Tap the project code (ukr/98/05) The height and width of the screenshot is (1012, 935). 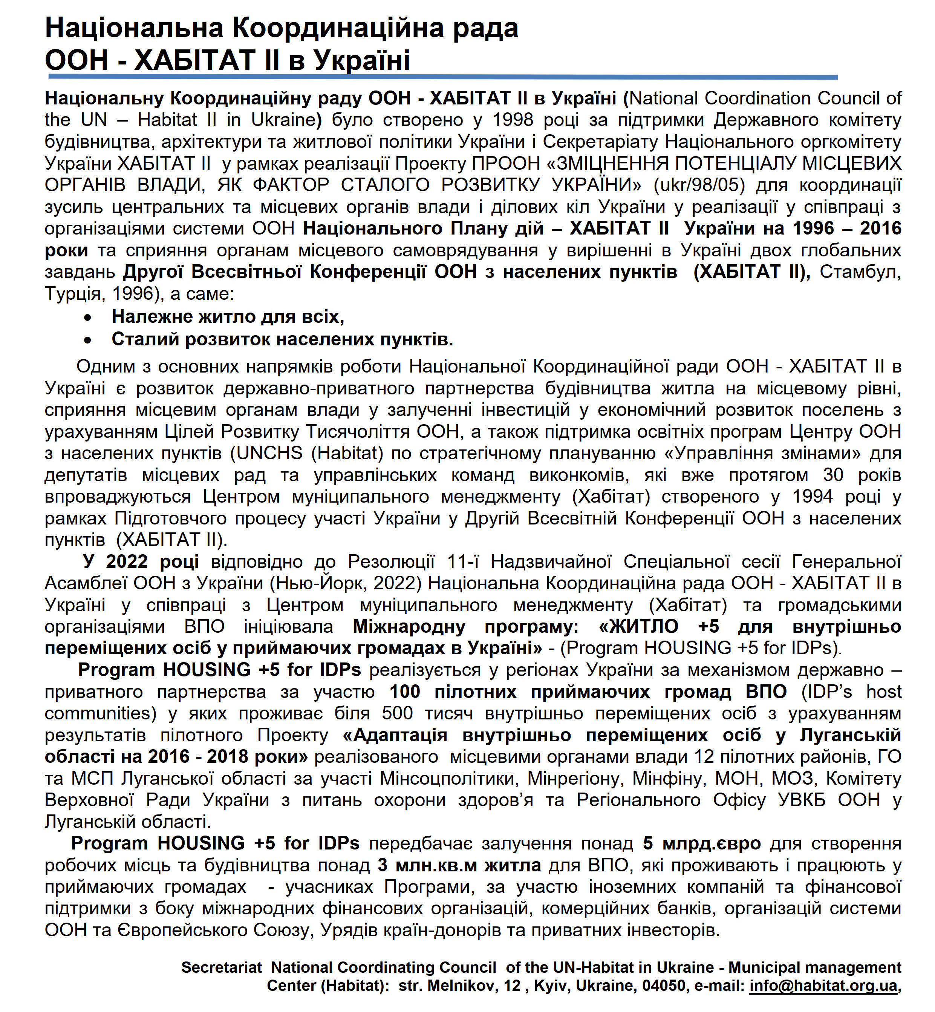point(699,185)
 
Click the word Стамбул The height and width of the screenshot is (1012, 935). point(860,272)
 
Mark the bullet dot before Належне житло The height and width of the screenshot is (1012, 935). point(88,318)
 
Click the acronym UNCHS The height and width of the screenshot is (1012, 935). point(267,454)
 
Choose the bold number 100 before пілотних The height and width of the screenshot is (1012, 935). point(404,692)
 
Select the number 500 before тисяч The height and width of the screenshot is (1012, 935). point(397,714)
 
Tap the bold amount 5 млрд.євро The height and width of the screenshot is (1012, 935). point(701,844)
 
